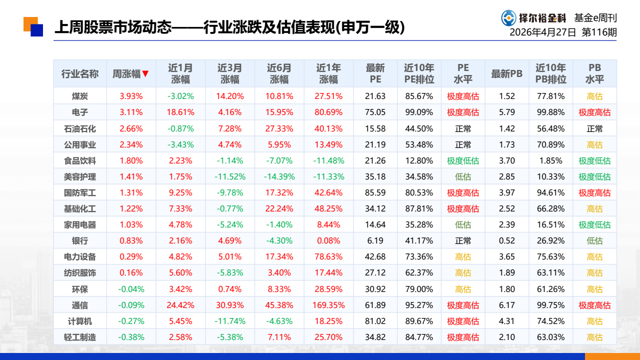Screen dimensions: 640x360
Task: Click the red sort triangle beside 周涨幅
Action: click(145, 73)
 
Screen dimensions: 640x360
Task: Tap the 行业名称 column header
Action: click(79, 73)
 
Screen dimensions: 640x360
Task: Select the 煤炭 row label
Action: click(79, 96)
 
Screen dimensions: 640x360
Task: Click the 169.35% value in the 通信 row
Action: click(328, 305)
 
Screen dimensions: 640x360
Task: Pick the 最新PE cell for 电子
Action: click(375, 112)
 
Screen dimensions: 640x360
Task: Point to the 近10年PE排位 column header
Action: click(419, 73)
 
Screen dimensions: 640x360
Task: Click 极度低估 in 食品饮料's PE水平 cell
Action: click(463, 160)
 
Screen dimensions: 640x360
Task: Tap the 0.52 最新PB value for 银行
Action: click(507, 240)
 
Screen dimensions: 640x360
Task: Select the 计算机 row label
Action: click(79, 321)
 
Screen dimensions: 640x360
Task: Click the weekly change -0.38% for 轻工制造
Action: click(131, 337)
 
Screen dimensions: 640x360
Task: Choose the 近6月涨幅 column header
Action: click(279, 73)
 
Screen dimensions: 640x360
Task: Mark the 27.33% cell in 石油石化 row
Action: click(279, 128)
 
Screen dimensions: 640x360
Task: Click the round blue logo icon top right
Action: click(508, 18)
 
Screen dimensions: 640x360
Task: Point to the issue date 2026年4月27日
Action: click(542, 32)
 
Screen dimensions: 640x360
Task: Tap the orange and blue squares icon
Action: click(33, 26)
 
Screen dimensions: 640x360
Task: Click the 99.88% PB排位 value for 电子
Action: click(550, 112)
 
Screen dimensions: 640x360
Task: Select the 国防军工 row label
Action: click(79, 192)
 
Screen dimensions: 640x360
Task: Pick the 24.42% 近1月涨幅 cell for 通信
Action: click(180, 305)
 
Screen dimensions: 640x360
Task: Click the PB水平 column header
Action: click(594, 73)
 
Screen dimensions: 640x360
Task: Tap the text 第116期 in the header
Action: click(599, 32)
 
